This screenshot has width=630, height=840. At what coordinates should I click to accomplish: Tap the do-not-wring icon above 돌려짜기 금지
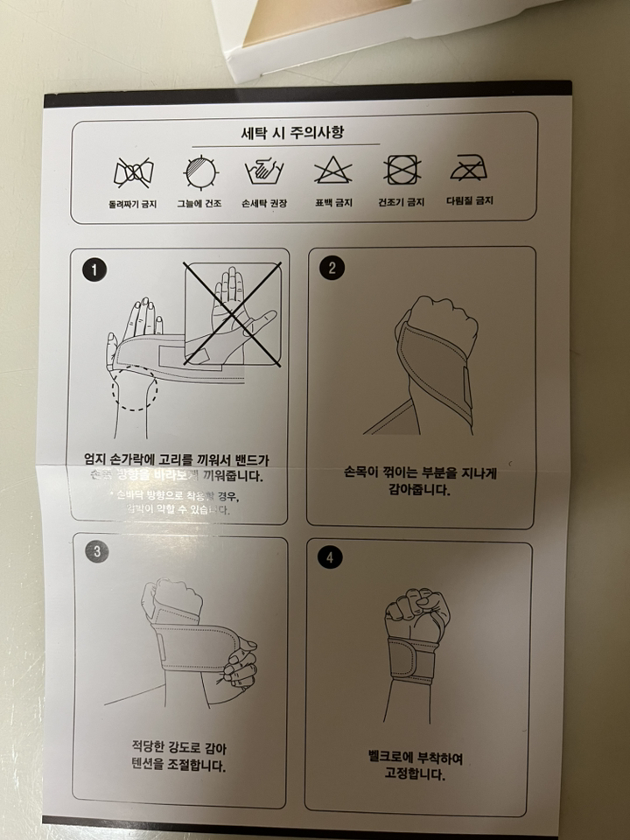coord(131,171)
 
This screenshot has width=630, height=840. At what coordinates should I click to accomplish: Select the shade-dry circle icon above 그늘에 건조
coord(200,171)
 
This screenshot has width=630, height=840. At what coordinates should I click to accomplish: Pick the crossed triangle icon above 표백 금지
coord(333,171)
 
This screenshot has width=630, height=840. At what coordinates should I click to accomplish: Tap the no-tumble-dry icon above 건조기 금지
coord(402,169)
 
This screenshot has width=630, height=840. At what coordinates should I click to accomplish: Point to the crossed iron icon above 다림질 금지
coord(469,169)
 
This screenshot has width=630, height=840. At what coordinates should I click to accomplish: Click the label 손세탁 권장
coord(265,203)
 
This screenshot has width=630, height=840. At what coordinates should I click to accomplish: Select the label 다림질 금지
coord(470,200)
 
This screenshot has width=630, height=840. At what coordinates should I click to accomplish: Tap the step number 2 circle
coord(331,268)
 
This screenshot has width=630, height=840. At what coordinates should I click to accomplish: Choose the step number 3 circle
coord(95,550)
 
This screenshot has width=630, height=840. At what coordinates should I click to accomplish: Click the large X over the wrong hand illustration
coord(232,314)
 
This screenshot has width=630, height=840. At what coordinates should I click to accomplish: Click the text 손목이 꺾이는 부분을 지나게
coord(419,473)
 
